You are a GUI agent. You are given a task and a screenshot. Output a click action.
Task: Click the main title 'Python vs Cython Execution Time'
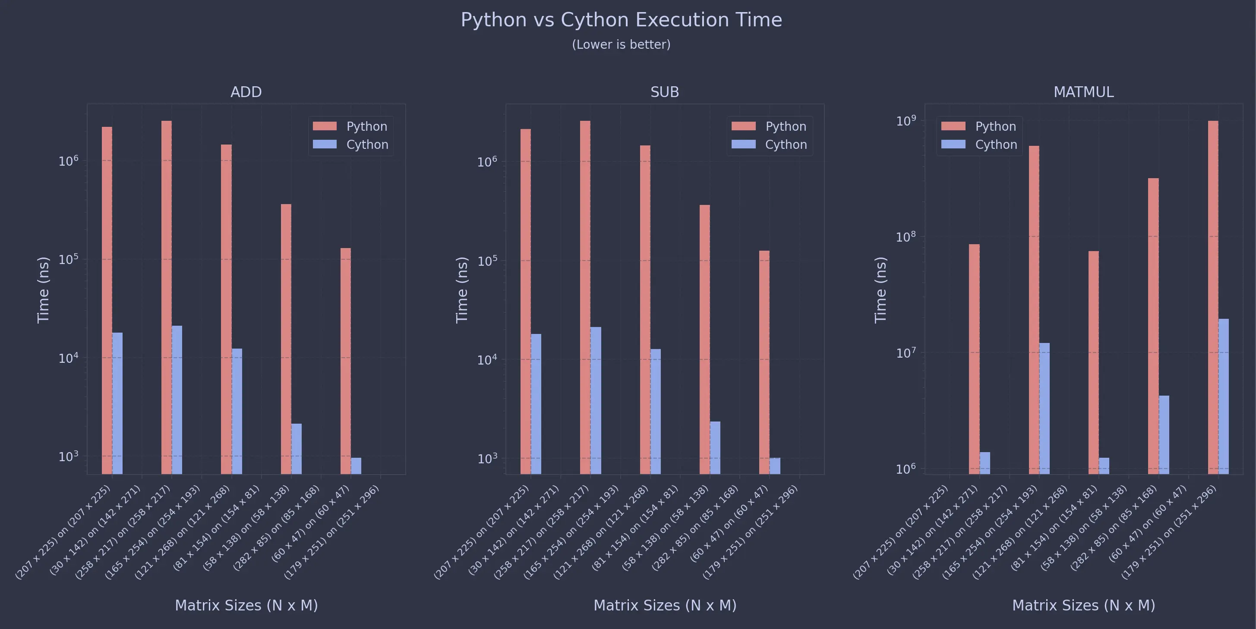(x=621, y=20)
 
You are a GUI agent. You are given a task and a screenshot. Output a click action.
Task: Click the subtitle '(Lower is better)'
(x=621, y=44)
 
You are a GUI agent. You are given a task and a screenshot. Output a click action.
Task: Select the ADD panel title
(x=246, y=92)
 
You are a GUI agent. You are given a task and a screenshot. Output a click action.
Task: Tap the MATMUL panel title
(x=1083, y=92)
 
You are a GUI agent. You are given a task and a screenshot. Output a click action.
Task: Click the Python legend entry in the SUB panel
(x=785, y=126)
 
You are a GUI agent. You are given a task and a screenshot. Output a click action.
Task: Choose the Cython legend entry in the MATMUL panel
(x=996, y=145)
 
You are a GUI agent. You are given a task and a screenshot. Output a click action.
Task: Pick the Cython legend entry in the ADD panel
(x=367, y=145)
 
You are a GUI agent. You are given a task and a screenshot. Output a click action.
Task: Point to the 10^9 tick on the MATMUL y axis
(x=906, y=120)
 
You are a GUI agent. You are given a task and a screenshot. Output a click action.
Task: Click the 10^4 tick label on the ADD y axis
(x=68, y=359)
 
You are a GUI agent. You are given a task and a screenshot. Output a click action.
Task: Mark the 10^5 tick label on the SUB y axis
(x=486, y=261)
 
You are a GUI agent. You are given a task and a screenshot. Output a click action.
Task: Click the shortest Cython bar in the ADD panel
(x=356, y=466)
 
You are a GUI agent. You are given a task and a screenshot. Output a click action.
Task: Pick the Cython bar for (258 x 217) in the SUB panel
(x=595, y=400)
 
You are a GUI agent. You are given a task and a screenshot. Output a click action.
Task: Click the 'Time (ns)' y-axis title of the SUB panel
(x=461, y=290)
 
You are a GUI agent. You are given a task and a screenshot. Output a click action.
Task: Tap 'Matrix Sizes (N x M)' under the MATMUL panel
(x=1083, y=606)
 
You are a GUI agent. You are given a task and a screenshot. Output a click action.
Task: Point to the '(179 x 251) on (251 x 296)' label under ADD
(x=331, y=532)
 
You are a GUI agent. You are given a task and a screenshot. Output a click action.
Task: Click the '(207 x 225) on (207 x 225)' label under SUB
(x=482, y=532)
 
